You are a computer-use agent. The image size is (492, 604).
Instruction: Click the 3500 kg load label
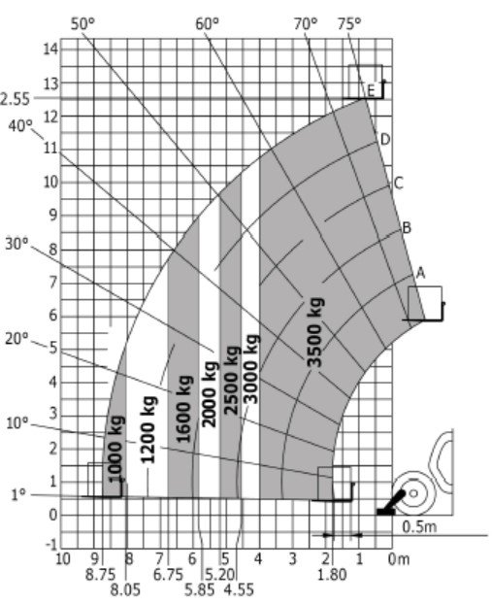(315, 332)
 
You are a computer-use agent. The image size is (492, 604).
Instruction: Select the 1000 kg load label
(115, 450)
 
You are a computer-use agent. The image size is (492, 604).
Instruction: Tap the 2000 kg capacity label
(209, 394)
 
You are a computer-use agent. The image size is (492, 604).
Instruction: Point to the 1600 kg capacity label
(184, 409)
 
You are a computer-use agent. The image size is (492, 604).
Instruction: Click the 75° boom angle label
(349, 24)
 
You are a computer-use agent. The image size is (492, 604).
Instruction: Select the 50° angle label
(82, 24)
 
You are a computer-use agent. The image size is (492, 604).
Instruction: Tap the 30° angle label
(16, 244)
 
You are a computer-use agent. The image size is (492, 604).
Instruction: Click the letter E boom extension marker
(371, 91)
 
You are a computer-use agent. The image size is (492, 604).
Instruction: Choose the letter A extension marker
(421, 273)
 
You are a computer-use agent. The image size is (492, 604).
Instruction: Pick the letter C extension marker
(399, 183)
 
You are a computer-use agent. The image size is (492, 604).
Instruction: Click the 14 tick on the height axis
(50, 50)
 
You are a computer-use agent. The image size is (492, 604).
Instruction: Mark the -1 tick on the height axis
(51, 545)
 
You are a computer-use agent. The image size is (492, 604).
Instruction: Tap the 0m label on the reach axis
(399, 559)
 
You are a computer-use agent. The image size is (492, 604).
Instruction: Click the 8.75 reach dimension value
(100, 575)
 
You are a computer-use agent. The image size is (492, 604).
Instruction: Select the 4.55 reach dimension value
(239, 589)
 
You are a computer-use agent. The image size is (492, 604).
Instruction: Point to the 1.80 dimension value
(332, 575)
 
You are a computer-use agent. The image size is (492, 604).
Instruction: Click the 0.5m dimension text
(419, 526)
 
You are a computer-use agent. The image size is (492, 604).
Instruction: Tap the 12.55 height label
(15, 99)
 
